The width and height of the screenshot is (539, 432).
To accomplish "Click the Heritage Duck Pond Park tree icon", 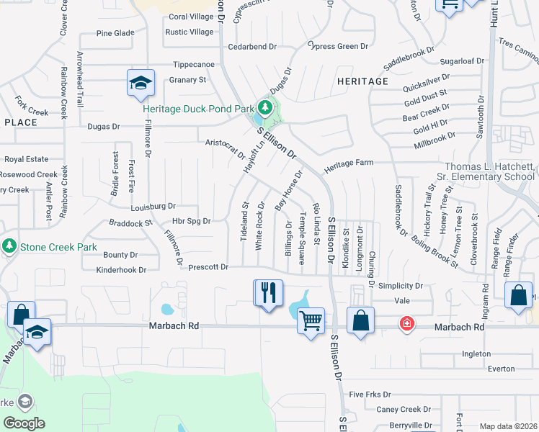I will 266,109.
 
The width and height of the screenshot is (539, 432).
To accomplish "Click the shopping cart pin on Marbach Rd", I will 311,320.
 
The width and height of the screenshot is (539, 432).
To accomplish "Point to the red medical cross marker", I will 407,324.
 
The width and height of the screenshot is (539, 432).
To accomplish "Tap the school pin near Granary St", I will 141,83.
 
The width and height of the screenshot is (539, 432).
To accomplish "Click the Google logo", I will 24,423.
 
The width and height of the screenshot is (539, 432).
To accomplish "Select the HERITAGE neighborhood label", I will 362,81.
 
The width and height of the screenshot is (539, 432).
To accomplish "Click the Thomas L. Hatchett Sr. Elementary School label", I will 489,171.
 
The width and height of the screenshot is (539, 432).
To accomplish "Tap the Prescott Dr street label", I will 208,268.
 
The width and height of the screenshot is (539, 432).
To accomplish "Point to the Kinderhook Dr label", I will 121,270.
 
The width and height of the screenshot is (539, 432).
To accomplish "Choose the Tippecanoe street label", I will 193,64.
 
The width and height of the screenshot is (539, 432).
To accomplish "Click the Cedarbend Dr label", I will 252,47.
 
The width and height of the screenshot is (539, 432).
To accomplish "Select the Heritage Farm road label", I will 349,164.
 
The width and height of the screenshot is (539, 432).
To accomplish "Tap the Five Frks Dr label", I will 369,395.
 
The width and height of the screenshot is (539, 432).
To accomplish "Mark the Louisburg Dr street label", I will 153,206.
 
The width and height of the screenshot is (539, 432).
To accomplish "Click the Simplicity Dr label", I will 400,286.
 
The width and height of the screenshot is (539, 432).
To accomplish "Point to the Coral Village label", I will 191,17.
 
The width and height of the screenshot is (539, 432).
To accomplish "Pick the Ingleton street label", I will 476,354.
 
